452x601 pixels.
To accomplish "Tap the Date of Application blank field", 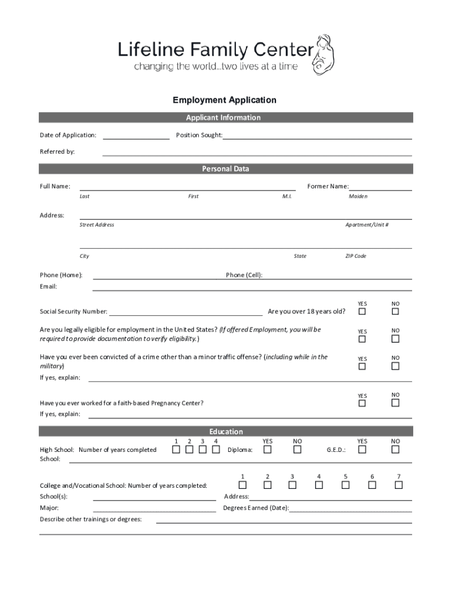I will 136,136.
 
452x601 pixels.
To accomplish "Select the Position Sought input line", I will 317,136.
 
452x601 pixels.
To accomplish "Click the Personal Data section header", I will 226,169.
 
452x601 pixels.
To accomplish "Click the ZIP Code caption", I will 356,256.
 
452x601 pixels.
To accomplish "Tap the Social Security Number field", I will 185,311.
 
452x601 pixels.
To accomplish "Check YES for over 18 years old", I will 362,311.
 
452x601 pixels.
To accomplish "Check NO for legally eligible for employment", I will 396,339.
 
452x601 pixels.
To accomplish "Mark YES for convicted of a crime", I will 362,366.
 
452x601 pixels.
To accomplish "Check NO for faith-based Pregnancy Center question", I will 396,403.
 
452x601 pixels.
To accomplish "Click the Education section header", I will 226,432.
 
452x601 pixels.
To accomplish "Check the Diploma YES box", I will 268,450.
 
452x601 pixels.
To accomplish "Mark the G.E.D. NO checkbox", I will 396,450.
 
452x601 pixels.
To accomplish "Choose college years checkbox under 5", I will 346,485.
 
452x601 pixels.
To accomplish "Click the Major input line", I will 154,508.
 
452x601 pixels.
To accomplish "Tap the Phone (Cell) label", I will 244,275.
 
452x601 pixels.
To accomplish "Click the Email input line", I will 252,287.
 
